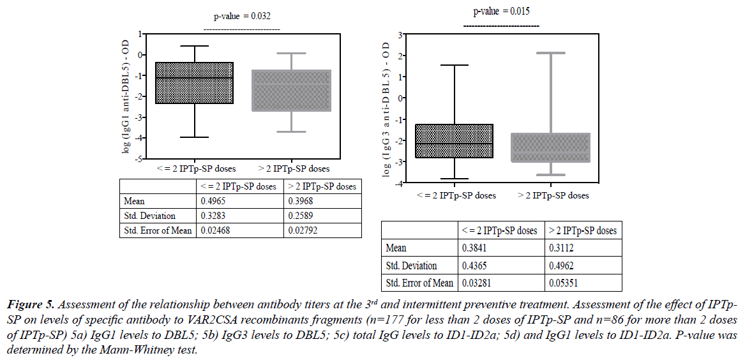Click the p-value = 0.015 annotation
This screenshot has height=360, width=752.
[501, 11]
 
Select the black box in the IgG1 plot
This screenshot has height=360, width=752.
[194, 83]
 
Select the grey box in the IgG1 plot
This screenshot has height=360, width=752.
[291, 90]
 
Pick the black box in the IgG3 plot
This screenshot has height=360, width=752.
[454, 140]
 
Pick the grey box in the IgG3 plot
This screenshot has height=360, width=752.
[551, 147]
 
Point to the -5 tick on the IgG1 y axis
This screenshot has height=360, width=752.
[141, 158]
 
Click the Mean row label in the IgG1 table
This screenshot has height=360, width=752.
[135, 201]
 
